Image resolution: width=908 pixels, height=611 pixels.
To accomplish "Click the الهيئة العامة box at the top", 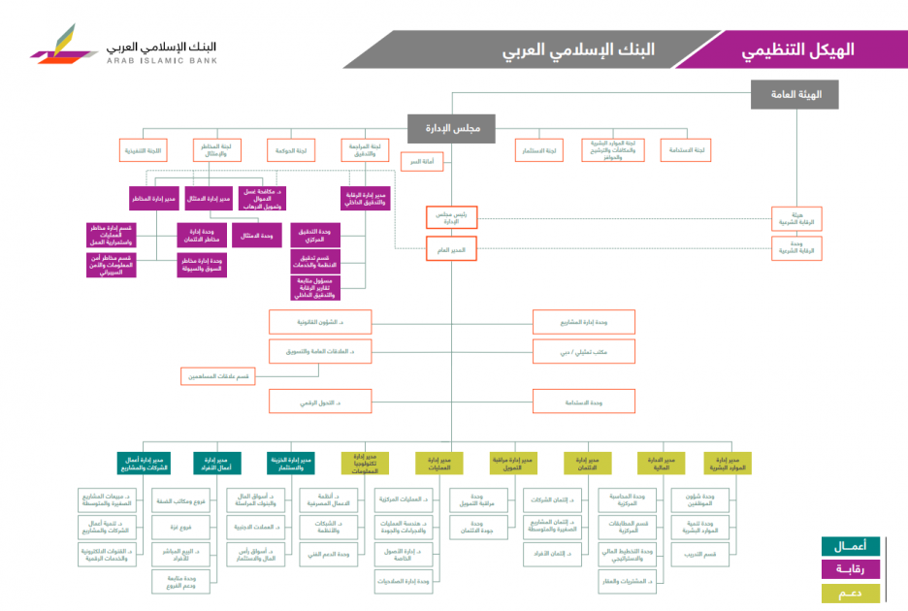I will pos(794,94).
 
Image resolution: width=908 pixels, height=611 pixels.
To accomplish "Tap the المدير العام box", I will pos(451,250).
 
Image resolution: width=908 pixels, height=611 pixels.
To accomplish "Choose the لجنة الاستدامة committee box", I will pos(685,150).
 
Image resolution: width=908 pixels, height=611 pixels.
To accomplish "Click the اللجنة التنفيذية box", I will pos(143,150).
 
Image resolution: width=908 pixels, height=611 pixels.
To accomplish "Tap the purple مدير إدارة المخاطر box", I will pos(153,198).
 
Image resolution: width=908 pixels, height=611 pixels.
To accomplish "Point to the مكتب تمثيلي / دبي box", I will pos(583,350).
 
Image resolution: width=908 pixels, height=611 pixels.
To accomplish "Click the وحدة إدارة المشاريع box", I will pos(583,321).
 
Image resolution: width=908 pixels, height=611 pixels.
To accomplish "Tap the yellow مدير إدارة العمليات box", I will pos(439,463).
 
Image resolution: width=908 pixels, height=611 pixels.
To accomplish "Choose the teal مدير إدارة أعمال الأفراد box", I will pos(216,463).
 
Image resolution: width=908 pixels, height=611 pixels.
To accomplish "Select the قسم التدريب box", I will pos(697,555).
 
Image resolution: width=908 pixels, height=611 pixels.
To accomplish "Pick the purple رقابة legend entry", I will pos(850,569).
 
